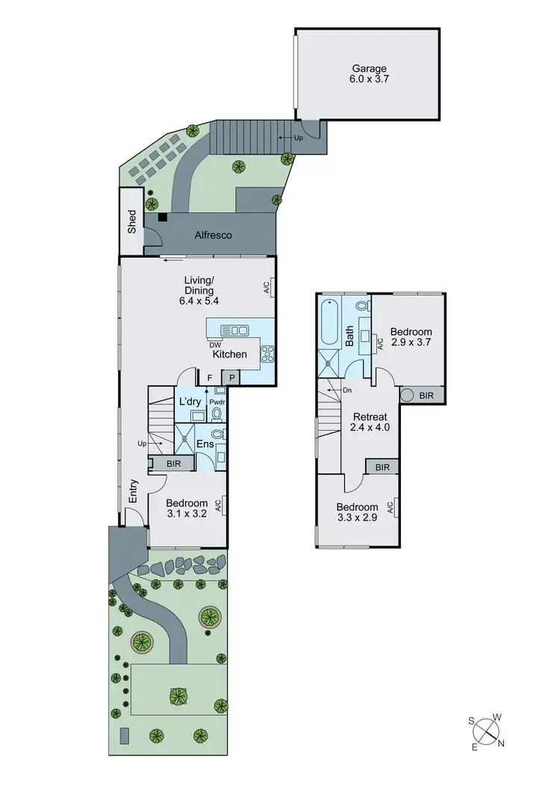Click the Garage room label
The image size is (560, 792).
[370, 69]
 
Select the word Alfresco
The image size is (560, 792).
[214, 235]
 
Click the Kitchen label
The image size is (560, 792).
[229, 354]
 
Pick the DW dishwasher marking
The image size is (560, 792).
[215, 344]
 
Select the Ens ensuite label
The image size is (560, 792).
[205, 444]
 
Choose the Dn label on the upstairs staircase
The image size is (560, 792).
[346, 390]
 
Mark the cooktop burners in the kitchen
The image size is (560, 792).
[267, 354]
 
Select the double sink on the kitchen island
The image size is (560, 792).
[235, 330]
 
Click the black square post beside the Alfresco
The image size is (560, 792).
[161, 217]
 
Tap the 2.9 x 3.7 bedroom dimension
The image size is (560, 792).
[411, 343]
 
